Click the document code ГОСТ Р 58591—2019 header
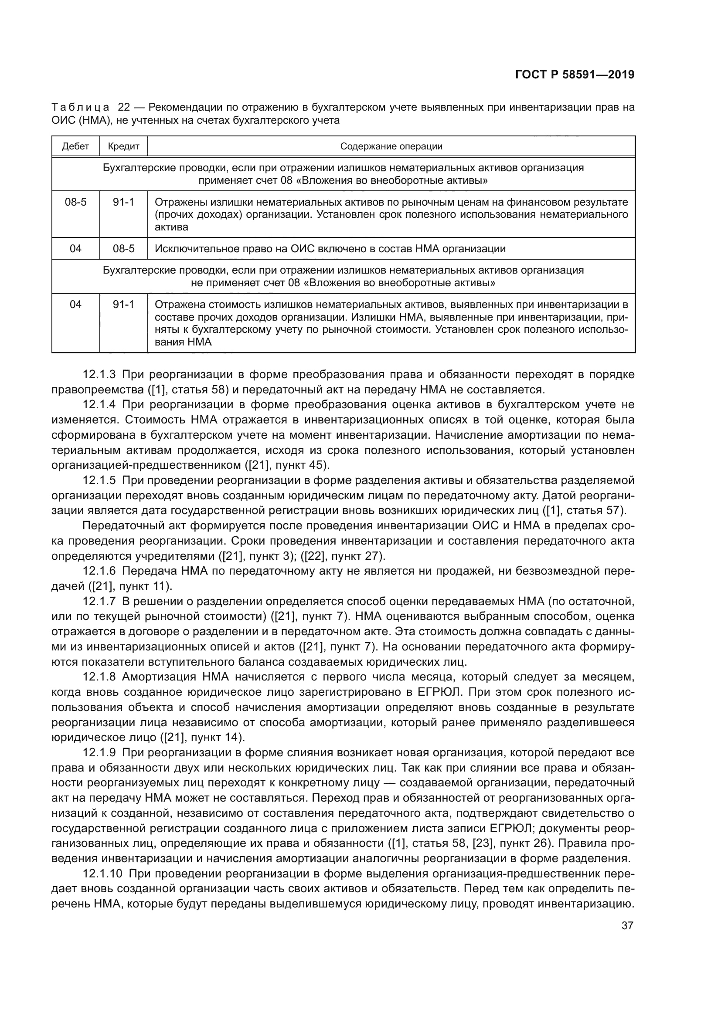(575, 75)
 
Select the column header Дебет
(75, 146)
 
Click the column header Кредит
(123, 146)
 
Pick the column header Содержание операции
(391, 146)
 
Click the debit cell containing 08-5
(75, 203)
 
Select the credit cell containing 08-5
(123, 248)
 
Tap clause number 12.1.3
(99, 375)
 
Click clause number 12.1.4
(99, 405)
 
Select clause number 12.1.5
(99, 480)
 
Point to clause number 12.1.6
(99, 571)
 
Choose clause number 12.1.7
(99, 601)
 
